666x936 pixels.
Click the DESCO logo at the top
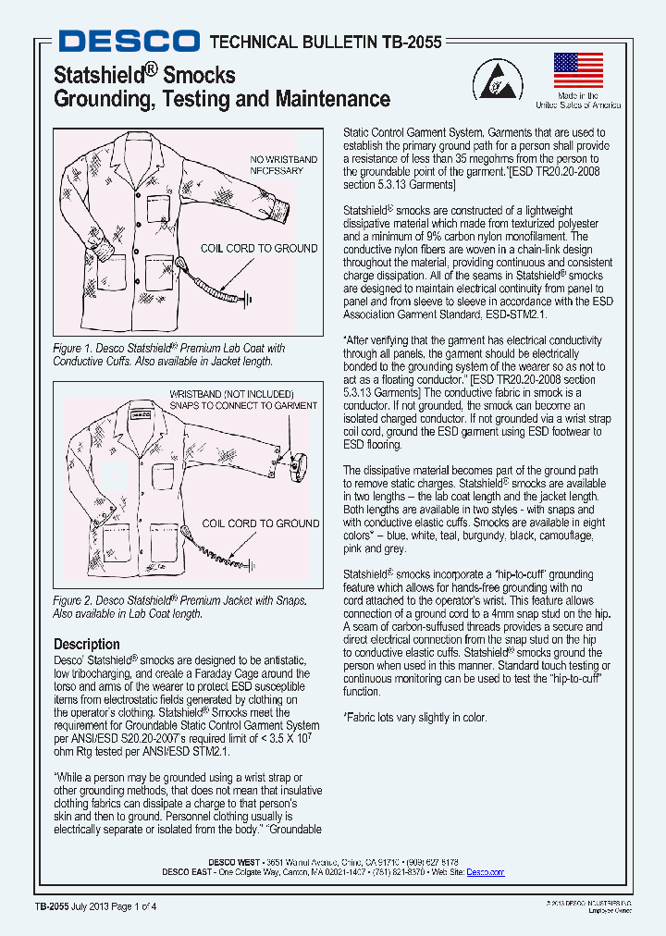129,41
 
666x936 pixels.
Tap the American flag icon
578,70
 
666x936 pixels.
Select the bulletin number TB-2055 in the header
408,42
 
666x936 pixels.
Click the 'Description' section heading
86,644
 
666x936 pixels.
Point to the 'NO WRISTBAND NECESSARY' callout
283,166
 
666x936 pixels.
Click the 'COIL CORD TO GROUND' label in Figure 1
259,248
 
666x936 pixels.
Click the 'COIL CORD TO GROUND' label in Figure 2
261,523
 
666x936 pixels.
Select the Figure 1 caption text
169,354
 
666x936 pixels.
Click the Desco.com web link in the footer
485,872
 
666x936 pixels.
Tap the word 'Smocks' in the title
199,75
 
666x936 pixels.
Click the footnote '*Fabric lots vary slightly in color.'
414,718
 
